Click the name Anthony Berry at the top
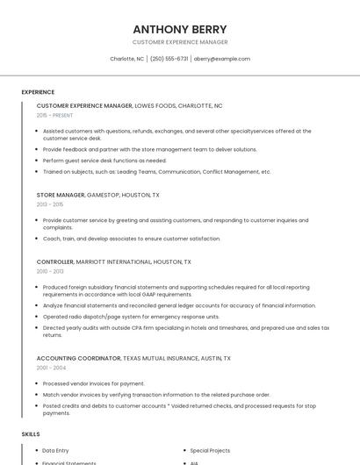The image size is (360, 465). coord(180,29)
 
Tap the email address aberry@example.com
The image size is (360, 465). coord(222,59)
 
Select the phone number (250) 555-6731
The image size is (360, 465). coord(169,59)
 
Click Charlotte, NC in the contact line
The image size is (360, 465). coord(126,59)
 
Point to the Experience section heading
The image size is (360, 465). coord(38,92)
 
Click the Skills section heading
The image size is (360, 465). coord(31,434)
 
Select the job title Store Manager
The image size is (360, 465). coord(61,194)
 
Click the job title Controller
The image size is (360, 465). coord(54,261)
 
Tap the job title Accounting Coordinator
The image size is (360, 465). coord(78,358)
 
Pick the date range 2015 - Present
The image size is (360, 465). coord(54,115)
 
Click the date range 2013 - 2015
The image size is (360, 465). coord(50,204)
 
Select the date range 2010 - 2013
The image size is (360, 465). coord(50,271)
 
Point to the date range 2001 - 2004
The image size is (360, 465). coord(51,368)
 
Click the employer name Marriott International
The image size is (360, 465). coord(113,261)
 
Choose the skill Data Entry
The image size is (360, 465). coord(57,450)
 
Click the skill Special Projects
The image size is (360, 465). coord(210,450)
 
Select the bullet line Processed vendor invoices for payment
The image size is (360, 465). coord(94,383)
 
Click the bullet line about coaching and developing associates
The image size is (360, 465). coord(132,239)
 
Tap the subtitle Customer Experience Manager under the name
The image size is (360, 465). coord(180,42)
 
